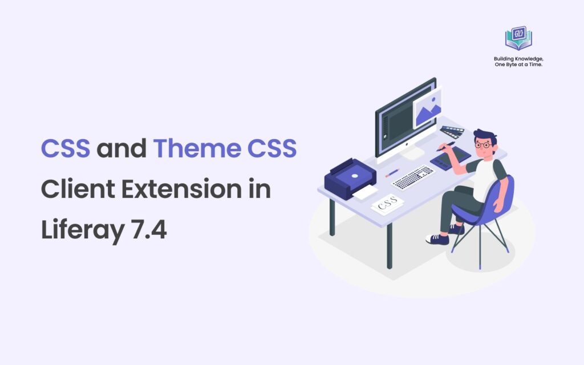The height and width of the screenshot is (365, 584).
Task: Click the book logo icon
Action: click(x=518, y=38)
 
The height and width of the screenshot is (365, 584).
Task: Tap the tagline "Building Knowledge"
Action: click(x=518, y=58)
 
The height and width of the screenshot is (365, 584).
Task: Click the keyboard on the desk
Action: click(x=413, y=177)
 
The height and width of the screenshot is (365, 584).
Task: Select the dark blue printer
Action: click(x=349, y=178)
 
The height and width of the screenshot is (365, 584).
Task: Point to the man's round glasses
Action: click(x=484, y=145)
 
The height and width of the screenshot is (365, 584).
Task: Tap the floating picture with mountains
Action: click(x=427, y=107)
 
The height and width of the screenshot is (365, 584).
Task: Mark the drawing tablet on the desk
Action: click(x=451, y=159)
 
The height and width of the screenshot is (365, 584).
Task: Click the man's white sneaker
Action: click(x=437, y=239)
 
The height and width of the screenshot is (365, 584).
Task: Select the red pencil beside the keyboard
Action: click(x=392, y=172)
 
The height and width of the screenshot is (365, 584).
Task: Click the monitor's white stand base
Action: click(x=411, y=153)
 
